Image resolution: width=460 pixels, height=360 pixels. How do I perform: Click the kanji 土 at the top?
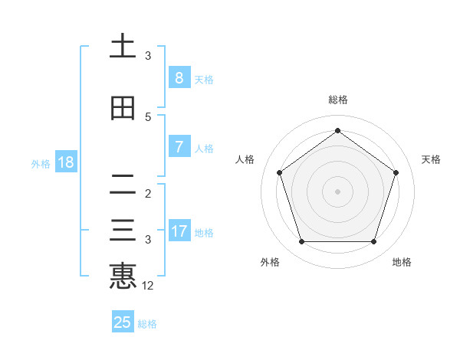(x=123, y=47)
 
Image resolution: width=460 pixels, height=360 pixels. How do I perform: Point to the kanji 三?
(x=123, y=231)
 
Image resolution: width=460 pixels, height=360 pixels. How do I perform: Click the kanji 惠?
(x=123, y=277)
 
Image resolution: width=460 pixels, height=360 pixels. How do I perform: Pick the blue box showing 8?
(x=179, y=78)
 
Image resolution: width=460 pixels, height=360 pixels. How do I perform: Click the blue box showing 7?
(x=179, y=147)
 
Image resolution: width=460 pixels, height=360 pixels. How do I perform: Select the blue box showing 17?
(x=179, y=231)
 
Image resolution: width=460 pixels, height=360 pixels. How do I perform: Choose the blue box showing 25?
(x=123, y=322)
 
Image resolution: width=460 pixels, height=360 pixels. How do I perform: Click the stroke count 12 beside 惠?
(x=148, y=286)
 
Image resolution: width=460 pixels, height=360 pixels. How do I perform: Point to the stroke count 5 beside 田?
(x=148, y=117)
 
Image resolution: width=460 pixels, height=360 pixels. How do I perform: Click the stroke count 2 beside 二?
(x=148, y=193)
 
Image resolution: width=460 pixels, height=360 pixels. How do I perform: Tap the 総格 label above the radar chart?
(x=337, y=100)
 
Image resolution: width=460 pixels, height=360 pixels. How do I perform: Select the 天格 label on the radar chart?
(x=431, y=159)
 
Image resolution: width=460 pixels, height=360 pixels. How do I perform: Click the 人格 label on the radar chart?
(x=245, y=159)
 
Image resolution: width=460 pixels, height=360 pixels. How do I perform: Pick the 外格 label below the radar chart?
(x=270, y=262)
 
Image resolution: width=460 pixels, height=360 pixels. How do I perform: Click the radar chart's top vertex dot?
(x=337, y=130)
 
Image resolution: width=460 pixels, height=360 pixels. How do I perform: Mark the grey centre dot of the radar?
(x=337, y=191)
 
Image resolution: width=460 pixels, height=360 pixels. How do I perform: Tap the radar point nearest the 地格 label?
(x=373, y=242)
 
